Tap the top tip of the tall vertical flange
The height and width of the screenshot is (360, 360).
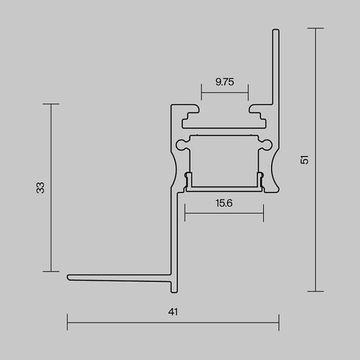click(x=276, y=31)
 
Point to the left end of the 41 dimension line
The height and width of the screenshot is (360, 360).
click(x=68, y=323)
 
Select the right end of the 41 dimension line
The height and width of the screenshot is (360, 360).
click(x=278, y=323)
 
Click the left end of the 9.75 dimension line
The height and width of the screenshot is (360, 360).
click(x=201, y=96)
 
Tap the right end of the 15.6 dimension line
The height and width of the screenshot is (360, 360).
click(x=265, y=211)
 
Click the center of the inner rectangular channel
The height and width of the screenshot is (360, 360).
click(x=224, y=158)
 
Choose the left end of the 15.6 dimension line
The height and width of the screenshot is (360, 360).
click(x=184, y=211)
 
